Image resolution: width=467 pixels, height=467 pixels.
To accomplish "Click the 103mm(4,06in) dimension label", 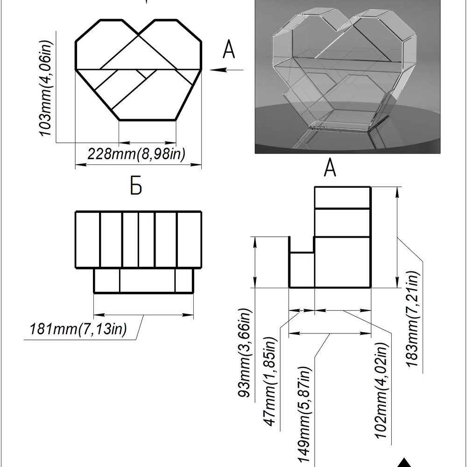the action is point(46,88).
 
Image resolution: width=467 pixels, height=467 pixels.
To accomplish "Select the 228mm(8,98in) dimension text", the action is point(136,154).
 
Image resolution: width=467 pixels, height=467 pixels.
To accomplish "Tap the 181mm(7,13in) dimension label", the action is point(78,329).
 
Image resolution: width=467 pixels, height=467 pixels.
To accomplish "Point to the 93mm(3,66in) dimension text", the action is point(245,353).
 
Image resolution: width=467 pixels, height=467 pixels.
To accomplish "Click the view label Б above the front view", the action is point(136,185).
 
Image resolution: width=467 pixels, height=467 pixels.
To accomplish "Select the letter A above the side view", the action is point(330,168).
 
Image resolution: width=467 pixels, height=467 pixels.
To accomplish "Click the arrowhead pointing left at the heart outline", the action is point(218,70).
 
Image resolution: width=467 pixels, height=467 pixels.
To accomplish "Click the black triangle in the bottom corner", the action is point(404,463).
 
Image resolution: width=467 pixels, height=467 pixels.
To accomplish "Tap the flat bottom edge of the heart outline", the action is point(147,120).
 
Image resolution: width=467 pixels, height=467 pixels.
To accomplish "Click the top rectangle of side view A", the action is point(342,198).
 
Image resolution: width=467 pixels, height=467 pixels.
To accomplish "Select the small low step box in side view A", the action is point(302,270).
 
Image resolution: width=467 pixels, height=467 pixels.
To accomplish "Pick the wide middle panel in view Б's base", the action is point(148,281).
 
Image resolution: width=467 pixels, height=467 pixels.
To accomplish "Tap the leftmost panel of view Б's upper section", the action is point(88,240).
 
